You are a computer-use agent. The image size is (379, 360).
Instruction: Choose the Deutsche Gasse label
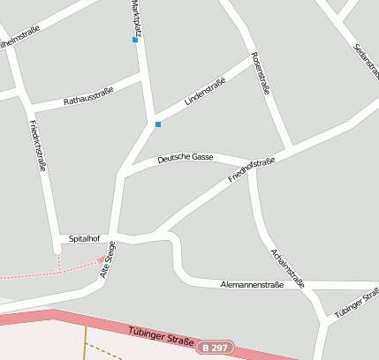click(x=186, y=158)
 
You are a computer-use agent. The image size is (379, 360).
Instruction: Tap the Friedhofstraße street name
click(x=252, y=169)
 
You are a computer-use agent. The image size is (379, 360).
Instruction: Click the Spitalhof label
click(x=87, y=238)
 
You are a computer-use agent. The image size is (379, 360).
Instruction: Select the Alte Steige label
click(x=109, y=261)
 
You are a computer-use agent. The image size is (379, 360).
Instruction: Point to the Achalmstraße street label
click(x=287, y=268)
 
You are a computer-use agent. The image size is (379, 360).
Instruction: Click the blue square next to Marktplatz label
click(x=135, y=40)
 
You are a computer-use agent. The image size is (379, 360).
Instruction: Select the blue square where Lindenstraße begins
click(x=158, y=124)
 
